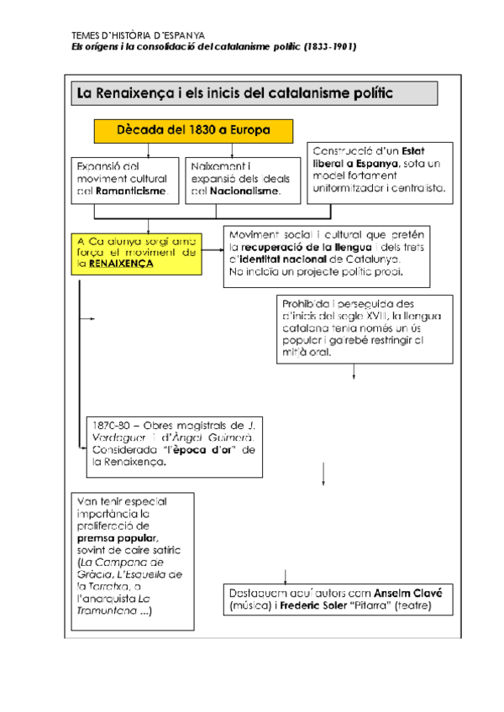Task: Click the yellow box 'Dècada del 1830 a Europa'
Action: coord(193,131)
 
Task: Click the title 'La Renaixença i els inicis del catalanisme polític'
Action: coord(235,92)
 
